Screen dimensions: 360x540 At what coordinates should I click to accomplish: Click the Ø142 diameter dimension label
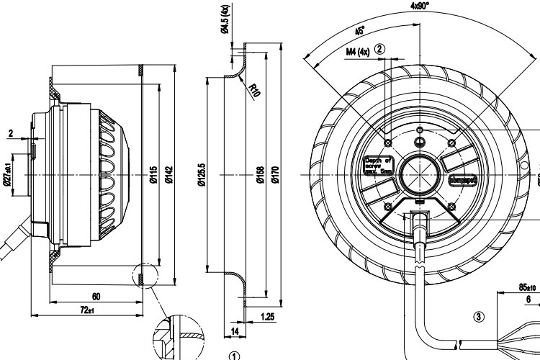pyautogui.click(x=168, y=175)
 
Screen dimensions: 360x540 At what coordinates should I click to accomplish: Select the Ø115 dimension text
pyautogui.click(x=153, y=175)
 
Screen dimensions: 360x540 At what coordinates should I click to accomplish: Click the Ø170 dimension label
pyautogui.click(x=274, y=175)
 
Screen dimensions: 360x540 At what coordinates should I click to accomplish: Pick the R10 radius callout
pyautogui.click(x=253, y=90)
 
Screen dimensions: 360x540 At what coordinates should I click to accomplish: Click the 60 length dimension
pyautogui.click(x=96, y=296)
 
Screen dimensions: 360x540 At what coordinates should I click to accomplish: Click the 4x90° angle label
pyautogui.click(x=419, y=6)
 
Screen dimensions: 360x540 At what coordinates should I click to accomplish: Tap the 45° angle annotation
pyautogui.click(x=360, y=32)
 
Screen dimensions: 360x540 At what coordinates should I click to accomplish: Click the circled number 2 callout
pyautogui.click(x=380, y=49)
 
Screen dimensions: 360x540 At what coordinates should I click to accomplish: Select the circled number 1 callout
pyautogui.click(x=233, y=355)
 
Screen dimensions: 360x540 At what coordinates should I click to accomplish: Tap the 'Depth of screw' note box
pyautogui.click(x=379, y=166)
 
